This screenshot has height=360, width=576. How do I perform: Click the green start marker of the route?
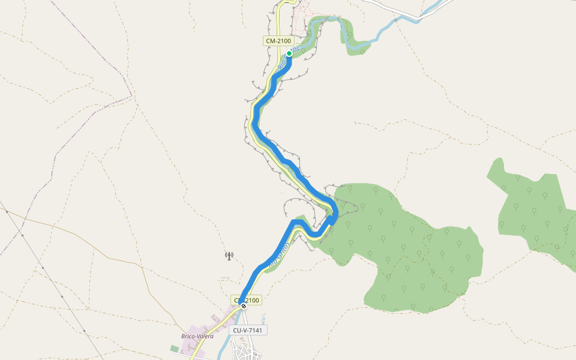tap(289, 53)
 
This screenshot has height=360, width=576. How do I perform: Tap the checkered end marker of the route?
tap(244, 306)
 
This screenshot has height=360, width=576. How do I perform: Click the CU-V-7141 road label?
tap(249, 330)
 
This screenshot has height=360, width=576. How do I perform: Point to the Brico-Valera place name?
tap(197, 336)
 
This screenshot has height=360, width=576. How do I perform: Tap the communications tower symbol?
tap(229, 256)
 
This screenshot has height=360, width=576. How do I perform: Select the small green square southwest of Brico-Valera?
tap(175, 348)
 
